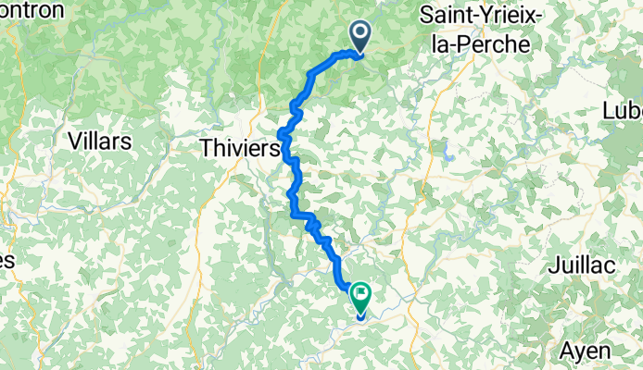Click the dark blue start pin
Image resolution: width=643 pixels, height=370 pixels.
pos(359,36)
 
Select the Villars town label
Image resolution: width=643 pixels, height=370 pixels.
pos(100,142)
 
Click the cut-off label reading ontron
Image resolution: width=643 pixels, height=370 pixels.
pos(32,10)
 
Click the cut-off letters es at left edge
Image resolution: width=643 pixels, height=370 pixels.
pos(6,262)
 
